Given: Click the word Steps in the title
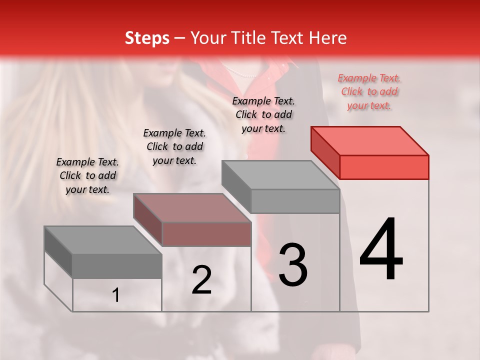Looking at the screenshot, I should pos(147,38).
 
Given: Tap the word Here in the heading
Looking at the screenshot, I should pos(328,38).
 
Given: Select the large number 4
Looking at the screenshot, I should pos(381,250).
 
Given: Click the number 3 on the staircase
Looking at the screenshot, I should pos(293,265).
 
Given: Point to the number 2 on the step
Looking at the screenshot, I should pos(201,280).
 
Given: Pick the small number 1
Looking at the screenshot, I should pos(116,295).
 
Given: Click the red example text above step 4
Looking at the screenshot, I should pos(369,92).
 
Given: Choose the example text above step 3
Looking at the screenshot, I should pos(263,114).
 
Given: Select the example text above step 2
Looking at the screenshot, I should pos(174,146).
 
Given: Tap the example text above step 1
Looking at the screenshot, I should pos(87,175).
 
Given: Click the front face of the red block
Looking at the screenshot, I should pos(384,167).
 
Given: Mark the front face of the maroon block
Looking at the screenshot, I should pos(206,234).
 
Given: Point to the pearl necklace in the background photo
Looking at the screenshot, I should pos(239,72).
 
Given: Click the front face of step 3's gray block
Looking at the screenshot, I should pos(295,201).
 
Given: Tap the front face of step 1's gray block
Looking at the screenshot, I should pos(117,266).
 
